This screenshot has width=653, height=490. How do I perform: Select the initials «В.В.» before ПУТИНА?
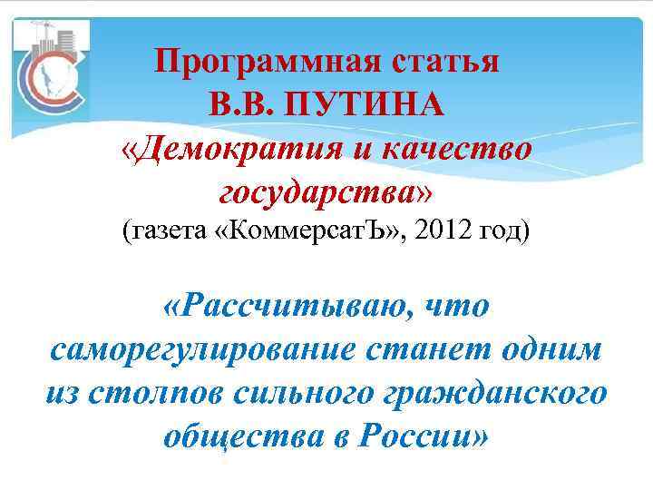point(241,104)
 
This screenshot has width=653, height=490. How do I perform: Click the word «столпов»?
point(156,393)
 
